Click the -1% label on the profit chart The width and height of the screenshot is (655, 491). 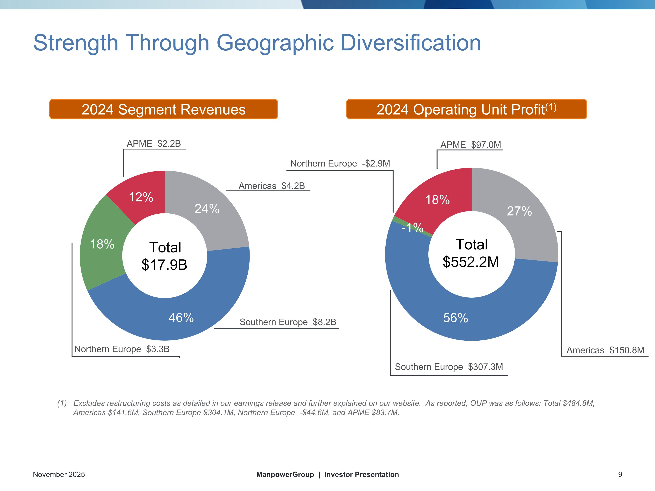(412, 228)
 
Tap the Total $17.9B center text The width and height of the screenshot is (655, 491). (165, 256)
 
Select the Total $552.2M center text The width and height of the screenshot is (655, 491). (471, 253)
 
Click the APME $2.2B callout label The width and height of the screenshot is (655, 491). (154, 144)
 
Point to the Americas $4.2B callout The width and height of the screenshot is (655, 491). (272, 186)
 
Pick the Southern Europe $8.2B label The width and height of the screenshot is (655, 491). (288, 322)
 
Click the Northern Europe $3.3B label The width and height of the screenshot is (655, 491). (122, 349)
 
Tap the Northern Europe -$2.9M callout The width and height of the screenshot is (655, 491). (340, 163)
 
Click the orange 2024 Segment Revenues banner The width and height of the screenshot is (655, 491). (164, 109)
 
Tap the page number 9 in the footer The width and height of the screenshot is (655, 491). (620, 475)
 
